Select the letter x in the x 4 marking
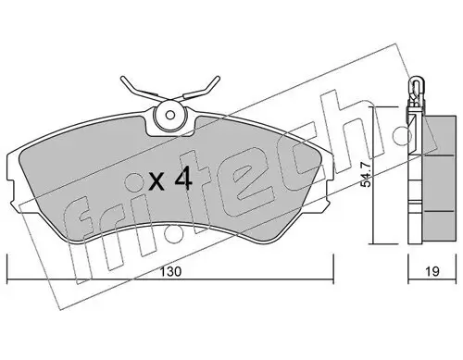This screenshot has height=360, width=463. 156,182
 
